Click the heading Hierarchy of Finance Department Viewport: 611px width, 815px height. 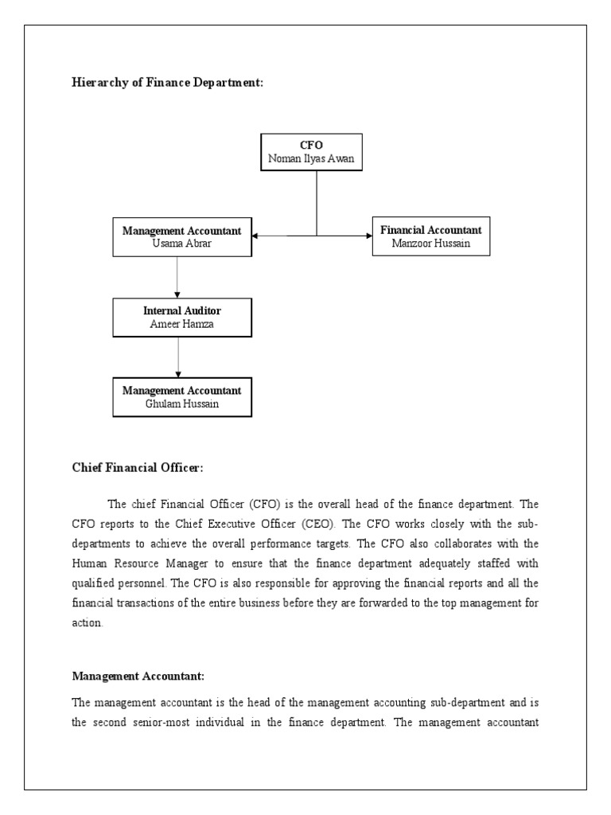click(167, 84)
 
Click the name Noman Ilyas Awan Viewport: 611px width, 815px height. click(311, 159)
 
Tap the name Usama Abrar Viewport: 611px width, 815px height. click(181, 244)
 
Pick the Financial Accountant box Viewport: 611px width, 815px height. click(430, 236)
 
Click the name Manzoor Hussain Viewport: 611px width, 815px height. click(430, 244)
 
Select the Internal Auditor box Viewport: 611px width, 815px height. click(181, 317)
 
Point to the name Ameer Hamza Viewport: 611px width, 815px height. click(181, 324)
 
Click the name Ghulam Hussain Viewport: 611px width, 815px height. click(181, 404)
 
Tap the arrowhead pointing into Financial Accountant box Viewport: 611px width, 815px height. click(368, 235)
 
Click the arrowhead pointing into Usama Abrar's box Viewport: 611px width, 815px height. click(255, 235)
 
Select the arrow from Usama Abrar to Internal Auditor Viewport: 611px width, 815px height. click(177, 276)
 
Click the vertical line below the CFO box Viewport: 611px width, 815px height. click(317, 203)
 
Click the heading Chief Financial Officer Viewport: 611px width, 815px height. click(138, 468)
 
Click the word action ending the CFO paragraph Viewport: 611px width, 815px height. click(88, 623)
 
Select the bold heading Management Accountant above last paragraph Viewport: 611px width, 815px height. click(138, 676)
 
